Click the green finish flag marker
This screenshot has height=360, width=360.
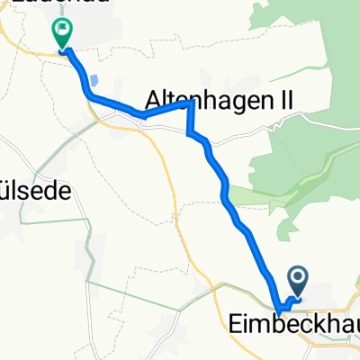[x=61, y=33]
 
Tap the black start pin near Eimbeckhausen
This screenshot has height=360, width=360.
[x=298, y=279]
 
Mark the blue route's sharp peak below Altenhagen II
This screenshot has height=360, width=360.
[x=191, y=103]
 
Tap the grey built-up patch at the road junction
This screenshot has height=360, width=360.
[x=121, y=118]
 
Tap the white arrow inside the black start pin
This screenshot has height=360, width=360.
[x=298, y=276]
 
